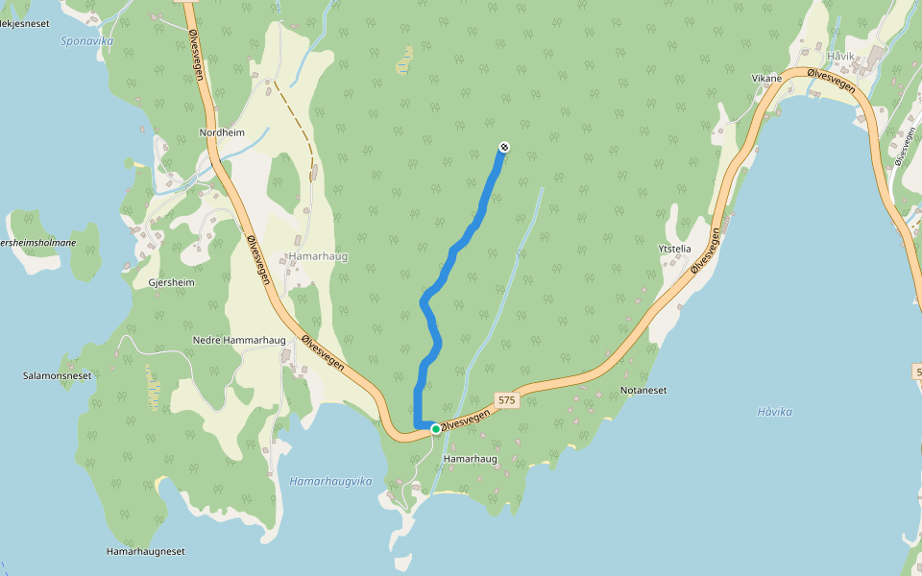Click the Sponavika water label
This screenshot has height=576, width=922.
(x=87, y=41)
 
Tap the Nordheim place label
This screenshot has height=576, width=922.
(x=222, y=132)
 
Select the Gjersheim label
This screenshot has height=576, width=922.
(x=171, y=283)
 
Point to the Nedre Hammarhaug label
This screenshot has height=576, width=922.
(x=239, y=341)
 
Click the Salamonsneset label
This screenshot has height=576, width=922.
(x=57, y=375)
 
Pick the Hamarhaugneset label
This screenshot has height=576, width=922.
(x=145, y=551)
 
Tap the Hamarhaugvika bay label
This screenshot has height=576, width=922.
(x=330, y=481)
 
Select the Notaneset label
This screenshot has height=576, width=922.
(x=643, y=391)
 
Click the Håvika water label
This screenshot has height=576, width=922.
(x=774, y=412)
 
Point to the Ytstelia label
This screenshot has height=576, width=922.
(x=674, y=249)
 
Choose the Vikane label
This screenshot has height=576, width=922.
(x=766, y=77)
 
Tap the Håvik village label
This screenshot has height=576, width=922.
(x=840, y=57)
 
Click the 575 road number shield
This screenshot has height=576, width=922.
(x=507, y=398)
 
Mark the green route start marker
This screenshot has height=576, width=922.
(x=435, y=429)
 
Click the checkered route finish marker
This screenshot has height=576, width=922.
(x=503, y=147)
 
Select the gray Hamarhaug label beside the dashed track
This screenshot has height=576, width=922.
(x=318, y=257)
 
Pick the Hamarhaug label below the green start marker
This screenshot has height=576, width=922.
(x=471, y=459)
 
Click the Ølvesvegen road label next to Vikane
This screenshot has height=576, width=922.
(x=832, y=82)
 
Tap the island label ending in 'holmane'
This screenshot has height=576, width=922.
(x=38, y=243)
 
